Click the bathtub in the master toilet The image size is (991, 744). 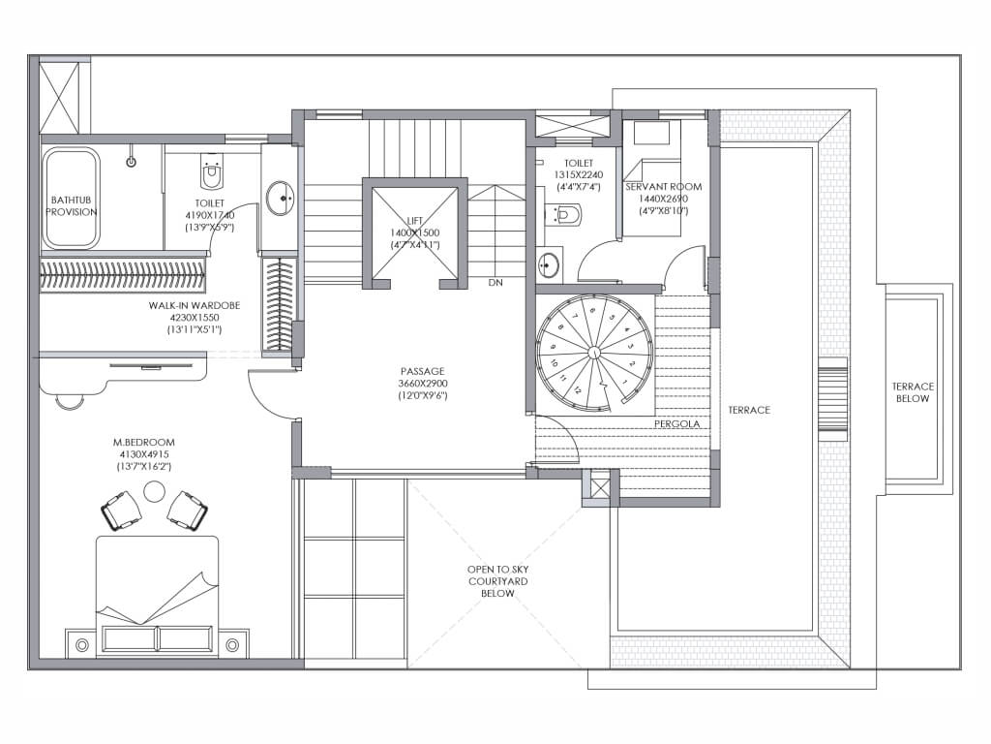click(71, 198)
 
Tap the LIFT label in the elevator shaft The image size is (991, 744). click(414, 221)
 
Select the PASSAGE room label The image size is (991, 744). click(422, 371)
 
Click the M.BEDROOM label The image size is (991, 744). click(143, 442)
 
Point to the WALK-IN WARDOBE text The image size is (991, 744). click(194, 305)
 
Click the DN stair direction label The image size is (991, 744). click(495, 282)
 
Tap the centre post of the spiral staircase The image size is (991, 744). click(594, 352)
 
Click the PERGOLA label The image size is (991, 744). click(676, 423)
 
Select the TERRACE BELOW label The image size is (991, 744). click(913, 392)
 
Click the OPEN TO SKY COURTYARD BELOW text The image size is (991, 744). click(498, 581)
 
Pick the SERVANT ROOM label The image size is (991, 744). click(664, 187)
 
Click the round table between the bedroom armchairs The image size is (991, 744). click(154, 491)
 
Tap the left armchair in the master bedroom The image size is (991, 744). click(121, 510)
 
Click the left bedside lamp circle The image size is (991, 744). click(81, 645)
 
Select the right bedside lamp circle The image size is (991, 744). click(232, 645)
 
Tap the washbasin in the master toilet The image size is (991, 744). click(280, 198)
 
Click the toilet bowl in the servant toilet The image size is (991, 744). click(564, 214)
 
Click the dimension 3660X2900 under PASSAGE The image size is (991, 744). click(423, 384)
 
